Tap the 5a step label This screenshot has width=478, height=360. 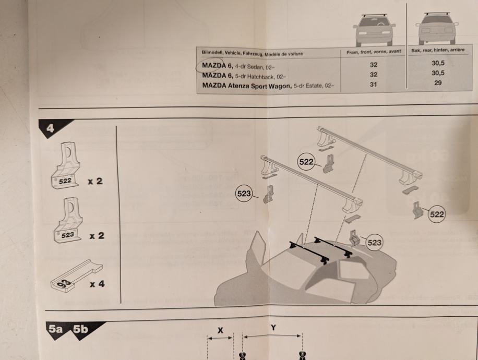coord(56,329)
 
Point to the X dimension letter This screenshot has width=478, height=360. coord(220,330)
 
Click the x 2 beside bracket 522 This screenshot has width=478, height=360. coord(95,182)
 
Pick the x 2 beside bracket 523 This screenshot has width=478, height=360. coord(96,236)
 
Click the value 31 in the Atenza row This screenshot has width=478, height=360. coord(372,85)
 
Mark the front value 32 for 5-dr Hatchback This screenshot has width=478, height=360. coord(373,75)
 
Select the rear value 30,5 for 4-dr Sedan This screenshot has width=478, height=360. coord(438,63)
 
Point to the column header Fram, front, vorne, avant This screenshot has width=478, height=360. coord(373,52)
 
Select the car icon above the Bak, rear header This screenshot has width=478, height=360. coord(437,28)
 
